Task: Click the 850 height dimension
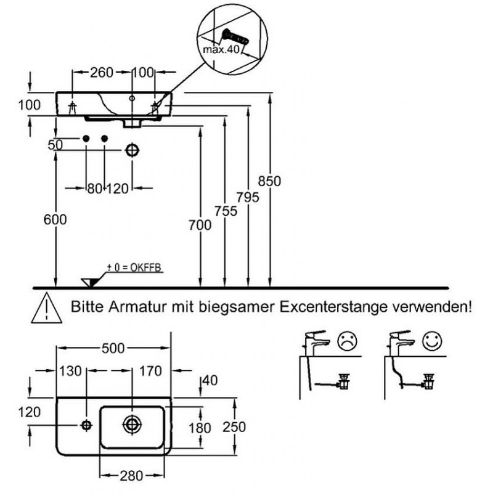270,181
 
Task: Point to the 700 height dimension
201,225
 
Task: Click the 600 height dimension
55,219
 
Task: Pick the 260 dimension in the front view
102,72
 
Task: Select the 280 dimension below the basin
132,475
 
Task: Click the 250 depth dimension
234,426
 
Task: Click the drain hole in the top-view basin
131,424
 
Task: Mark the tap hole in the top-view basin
86,424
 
